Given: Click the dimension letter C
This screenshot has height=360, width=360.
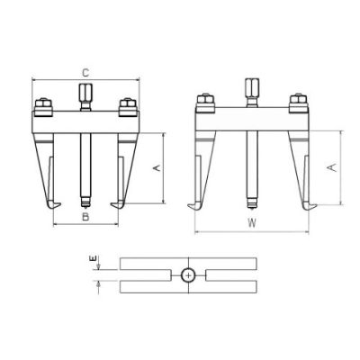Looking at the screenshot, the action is (x=85, y=73).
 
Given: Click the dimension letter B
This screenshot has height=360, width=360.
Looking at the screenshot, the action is (x=85, y=217).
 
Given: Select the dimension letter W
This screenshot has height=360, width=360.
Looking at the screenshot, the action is (x=252, y=223).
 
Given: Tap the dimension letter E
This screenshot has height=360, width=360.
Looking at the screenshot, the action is (x=94, y=258).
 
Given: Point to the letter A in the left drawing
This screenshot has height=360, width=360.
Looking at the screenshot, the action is (x=157, y=167).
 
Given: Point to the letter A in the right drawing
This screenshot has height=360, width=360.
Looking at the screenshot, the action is (x=333, y=167).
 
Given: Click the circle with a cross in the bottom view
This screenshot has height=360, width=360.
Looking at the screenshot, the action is (x=188, y=275).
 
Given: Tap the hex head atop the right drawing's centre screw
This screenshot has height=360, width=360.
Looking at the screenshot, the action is (x=252, y=87).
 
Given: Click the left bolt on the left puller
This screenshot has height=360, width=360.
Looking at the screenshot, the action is (x=44, y=107).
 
